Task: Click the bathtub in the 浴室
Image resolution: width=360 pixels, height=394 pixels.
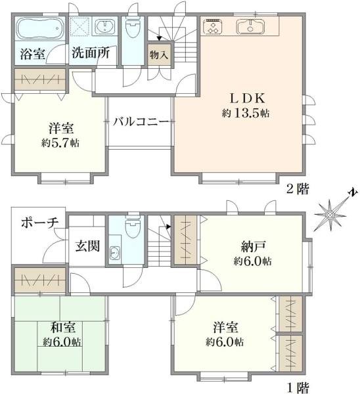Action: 39,28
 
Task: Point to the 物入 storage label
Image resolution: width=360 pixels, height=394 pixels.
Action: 159,55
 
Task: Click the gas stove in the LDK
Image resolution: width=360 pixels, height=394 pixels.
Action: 213,26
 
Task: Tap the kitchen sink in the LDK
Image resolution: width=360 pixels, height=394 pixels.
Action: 250,26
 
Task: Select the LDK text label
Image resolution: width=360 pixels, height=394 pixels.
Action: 248,98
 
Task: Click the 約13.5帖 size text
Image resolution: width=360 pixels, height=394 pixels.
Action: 246,114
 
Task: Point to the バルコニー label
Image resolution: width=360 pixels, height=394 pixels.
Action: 141,122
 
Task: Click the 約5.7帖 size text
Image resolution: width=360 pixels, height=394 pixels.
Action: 60,143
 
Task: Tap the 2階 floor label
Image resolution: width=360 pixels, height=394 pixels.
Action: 298,189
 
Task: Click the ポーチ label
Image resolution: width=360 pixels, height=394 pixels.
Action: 39,222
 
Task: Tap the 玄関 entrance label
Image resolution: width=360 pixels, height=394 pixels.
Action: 87,246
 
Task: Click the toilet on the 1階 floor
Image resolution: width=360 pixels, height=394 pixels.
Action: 133,227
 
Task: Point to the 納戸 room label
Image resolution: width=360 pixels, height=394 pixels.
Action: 252,246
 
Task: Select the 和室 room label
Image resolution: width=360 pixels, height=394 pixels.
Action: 62,328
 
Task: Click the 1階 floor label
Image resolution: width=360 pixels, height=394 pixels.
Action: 298,388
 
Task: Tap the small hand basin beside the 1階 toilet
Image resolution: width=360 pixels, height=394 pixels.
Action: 115,253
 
